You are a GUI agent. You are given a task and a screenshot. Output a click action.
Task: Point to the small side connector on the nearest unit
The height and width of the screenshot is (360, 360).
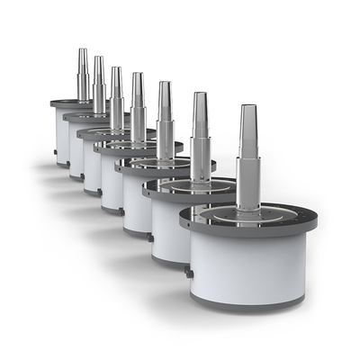188,270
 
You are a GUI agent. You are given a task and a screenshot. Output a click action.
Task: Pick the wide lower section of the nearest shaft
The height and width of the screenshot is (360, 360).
248,180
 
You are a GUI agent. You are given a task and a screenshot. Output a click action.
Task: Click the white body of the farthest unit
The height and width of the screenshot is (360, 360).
61,135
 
